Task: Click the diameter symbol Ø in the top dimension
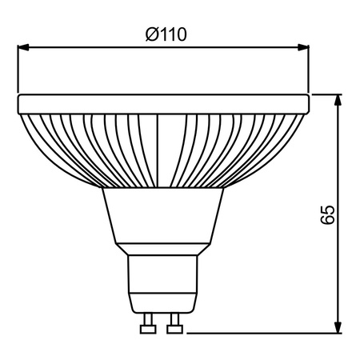pyautogui.click(x=152, y=35)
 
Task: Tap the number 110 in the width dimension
pyautogui.click(x=174, y=35)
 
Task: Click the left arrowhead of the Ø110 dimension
pyautogui.click(x=24, y=48)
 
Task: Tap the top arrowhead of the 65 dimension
pyautogui.click(x=339, y=100)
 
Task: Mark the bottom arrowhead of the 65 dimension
pyautogui.click(x=339, y=328)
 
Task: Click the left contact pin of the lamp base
pyautogui.click(x=146, y=326)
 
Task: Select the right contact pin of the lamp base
pyautogui.click(x=174, y=326)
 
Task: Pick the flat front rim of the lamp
pyautogui.click(x=163, y=103)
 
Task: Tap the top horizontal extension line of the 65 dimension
pyautogui.click(x=328, y=94)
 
